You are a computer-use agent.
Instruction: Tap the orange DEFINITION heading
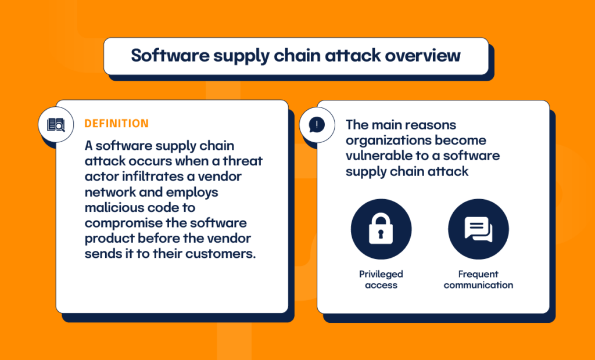(116, 124)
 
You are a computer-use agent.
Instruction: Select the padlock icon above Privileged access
(381, 229)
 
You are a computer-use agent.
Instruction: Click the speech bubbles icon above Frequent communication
(478, 229)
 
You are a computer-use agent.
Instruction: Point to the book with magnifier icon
(56, 124)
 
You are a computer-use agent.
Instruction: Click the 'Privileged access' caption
(381, 279)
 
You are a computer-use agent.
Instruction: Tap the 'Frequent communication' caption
(478, 279)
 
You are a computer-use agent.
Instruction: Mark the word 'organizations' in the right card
(386, 140)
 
